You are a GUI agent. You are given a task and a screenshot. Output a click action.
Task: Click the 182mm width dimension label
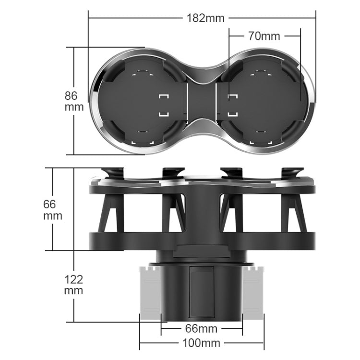pos(205,18)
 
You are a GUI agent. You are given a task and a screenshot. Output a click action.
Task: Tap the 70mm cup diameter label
pos(264,36)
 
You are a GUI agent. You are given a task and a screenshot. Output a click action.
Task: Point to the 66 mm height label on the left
pos(53,210)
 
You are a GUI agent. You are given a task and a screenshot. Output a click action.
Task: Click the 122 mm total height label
pos(73,285)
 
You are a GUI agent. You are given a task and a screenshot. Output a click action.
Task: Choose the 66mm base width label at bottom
pos(201,329)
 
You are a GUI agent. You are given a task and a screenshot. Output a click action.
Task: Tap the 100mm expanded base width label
pos(201,343)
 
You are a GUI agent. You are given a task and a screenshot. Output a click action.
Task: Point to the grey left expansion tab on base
pos(150,293)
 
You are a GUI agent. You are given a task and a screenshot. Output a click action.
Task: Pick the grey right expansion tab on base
pos(253,293)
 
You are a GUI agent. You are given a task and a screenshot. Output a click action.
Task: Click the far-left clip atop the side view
pos(113,172)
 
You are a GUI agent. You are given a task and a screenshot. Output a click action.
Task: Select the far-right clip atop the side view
pos(292,172)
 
